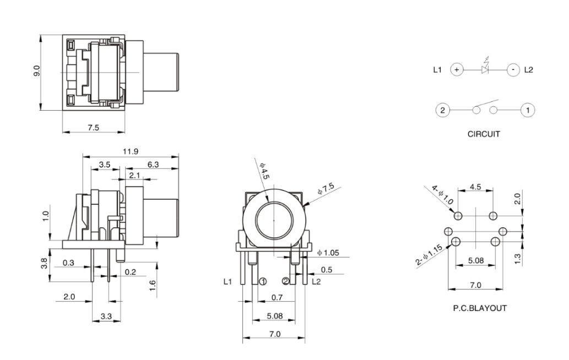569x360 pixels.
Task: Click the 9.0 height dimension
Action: click(37, 72)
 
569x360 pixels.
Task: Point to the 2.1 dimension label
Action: click(134, 175)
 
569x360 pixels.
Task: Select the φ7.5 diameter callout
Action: click(326, 189)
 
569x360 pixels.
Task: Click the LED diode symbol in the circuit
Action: click(485, 70)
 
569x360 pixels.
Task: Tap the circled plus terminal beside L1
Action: click(457, 70)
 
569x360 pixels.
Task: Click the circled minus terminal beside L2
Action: click(513, 70)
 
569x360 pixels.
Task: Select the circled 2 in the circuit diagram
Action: click(441, 110)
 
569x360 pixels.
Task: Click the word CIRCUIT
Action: click(484, 134)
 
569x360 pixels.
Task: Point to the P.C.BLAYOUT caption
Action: click(479, 308)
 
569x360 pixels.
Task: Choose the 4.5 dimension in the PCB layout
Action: click(475, 187)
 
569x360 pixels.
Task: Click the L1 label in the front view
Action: click(228, 281)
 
